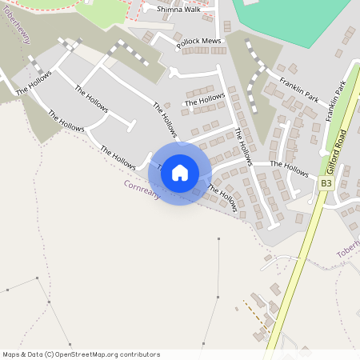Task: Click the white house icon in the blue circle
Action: pyautogui.click(x=180, y=172)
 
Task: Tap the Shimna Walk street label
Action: pyautogui.click(x=180, y=10)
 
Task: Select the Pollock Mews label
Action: pyautogui.click(x=198, y=41)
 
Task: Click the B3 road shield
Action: pyautogui.click(x=326, y=183)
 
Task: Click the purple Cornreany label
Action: pyautogui.click(x=142, y=190)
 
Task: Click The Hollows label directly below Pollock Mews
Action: pyautogui.click(x=205, y=101)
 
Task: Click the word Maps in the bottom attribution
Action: pyautogui.click(x=11, y=354)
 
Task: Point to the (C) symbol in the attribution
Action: pyautogui.click(x=49, y=354)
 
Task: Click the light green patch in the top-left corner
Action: pyautogui.click(x=100, y=11)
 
